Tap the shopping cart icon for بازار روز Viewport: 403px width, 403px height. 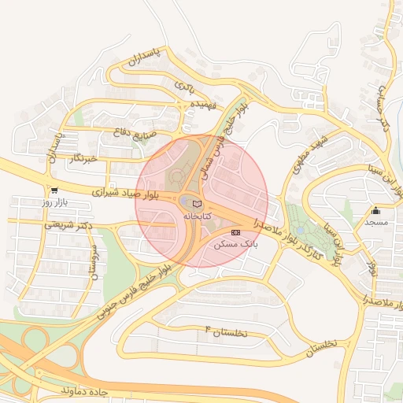click(x=54, y=190)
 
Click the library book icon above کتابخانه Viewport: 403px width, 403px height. click(x=197, y=204)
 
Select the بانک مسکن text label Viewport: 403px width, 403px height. click(x=236, y=245)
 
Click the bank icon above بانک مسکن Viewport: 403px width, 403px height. click(x=236, y=232)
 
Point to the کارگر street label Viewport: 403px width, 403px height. click(x=308, y=250)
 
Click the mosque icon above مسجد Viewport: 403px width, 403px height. click(x=376, y=210)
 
